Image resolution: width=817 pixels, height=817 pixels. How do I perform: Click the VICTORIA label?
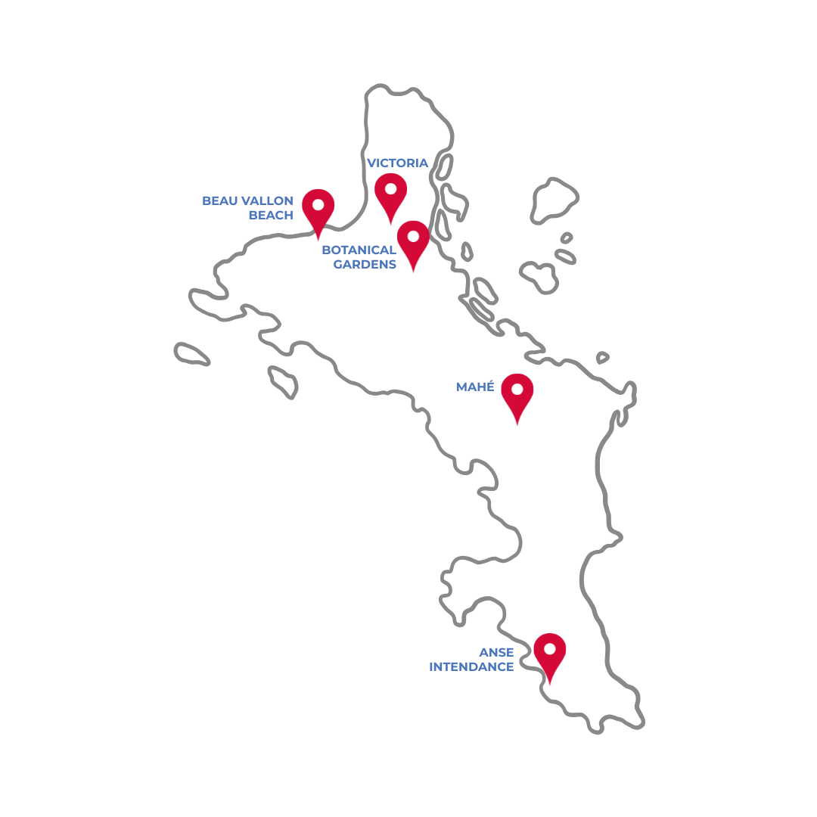tap(397, 163)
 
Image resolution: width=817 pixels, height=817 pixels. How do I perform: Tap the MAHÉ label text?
tap(475, 387)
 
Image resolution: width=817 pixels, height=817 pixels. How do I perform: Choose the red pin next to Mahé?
tap(517, 395)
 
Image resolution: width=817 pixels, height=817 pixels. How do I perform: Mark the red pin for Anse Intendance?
tap(550, 655)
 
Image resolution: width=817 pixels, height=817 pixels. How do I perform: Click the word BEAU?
tap(219, 200)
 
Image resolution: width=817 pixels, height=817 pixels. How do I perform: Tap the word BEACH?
tap(271, 215)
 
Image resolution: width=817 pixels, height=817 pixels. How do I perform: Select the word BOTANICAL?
tap(359, 250)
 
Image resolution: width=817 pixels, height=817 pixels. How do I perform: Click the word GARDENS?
tap(365, 264)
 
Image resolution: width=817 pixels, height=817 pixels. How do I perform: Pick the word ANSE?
tap(496, 652)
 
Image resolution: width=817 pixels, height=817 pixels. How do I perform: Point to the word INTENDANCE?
tap(471, 666)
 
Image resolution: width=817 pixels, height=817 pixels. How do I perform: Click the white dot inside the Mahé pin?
tap(517, 389)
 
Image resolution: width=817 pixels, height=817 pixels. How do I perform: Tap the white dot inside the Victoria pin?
tap(391, 188)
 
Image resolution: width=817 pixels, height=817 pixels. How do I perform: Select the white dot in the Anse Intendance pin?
tap(550, 648)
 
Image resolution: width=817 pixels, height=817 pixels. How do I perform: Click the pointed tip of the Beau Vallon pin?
tap(318, 240)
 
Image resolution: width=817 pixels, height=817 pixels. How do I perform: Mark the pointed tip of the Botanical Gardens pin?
tap(413, 272)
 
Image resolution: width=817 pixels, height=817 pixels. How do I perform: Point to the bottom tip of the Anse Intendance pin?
tap(550, 685)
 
